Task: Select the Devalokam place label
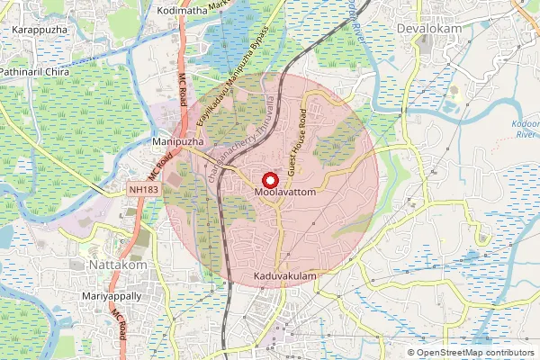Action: [x=430, y=30]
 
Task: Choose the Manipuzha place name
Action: [x=178, y=142]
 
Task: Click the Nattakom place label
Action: [x=117, y=266]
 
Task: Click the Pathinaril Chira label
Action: [x=38, y=70]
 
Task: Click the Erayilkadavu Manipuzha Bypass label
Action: [x=221, y=90]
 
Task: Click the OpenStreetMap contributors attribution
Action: [x=475, y=353]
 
